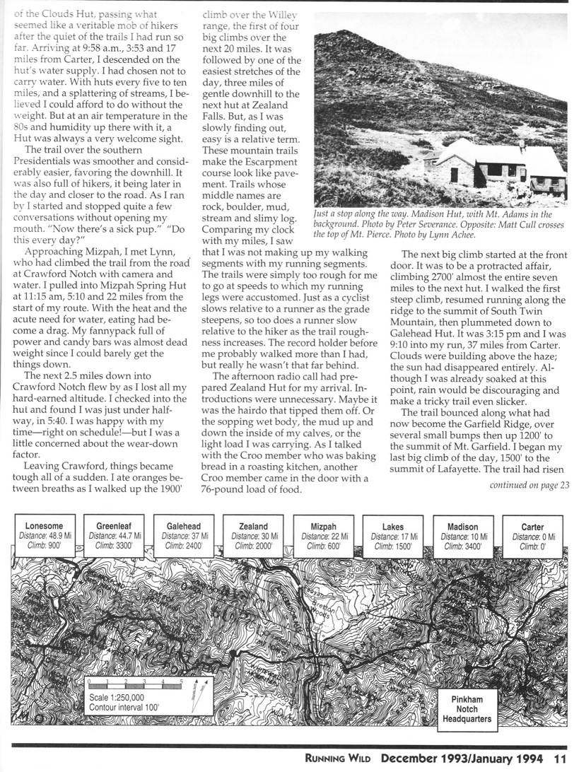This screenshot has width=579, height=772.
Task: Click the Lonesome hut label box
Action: (44, 536)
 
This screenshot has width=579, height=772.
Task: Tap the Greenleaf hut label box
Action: (114, 536)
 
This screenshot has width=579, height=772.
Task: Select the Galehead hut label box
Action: (183, 536)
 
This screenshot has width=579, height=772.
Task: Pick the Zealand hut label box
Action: (253, 536)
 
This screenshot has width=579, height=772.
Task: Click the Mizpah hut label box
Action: (322, 536)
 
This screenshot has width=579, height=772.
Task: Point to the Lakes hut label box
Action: (392, 536)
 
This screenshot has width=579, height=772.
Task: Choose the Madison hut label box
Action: (462, 536)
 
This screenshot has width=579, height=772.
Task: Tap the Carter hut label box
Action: (532, 536)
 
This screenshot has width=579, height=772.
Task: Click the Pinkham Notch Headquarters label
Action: (466, 708)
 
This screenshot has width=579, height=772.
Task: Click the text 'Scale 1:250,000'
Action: (122, 696)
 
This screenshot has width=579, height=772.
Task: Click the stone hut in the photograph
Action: (495, 165)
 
